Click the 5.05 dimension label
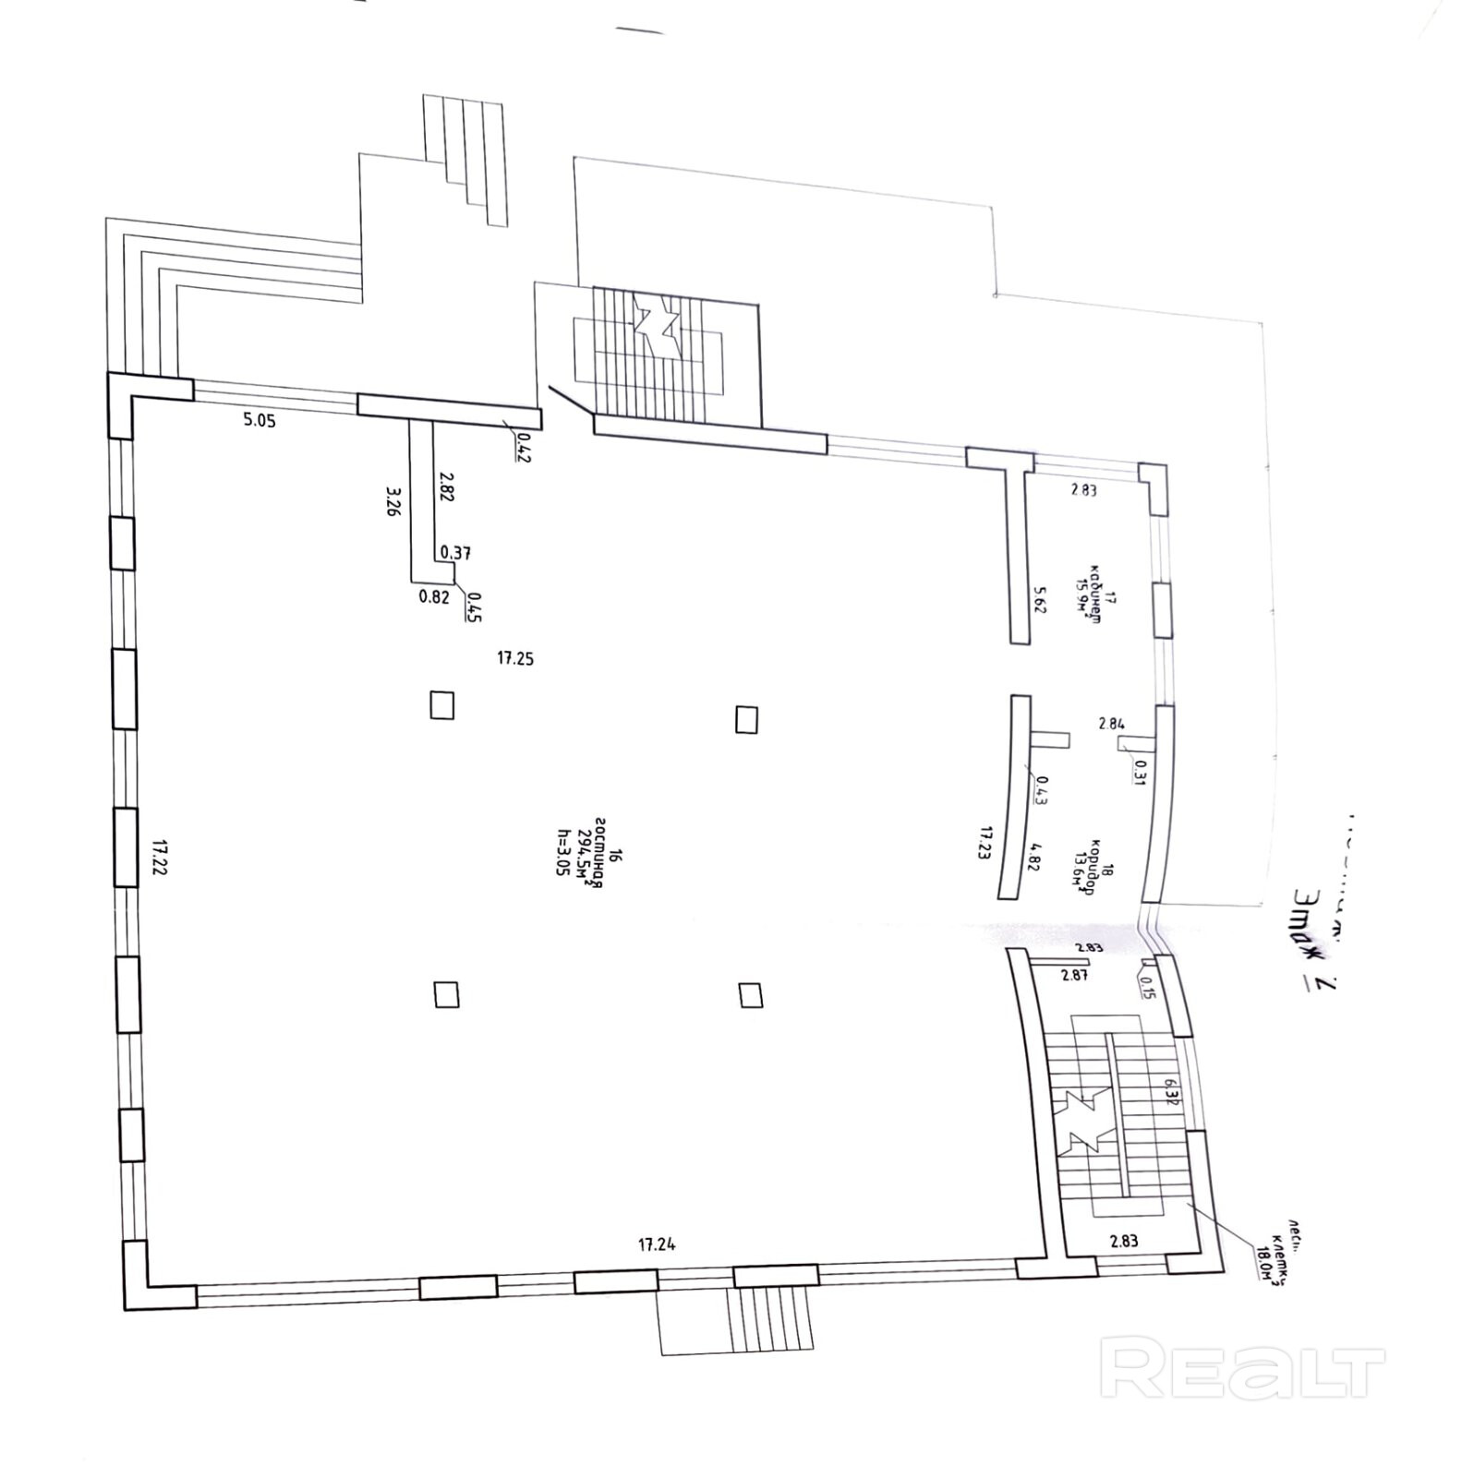click(x=260, y=421)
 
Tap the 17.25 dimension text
click(x=515, y=658)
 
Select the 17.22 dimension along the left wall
click(x=160, y=859)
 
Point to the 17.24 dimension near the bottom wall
click(x=657, y=1244)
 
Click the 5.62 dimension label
click(x=1040, y=601)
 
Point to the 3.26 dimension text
click(x=393, y=501)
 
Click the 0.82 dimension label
click(x=434, y=596)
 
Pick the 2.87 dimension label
click(x=1074, y=975)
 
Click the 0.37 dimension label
click(x=455, y=553)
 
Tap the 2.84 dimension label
click(x=1112, y=724)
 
